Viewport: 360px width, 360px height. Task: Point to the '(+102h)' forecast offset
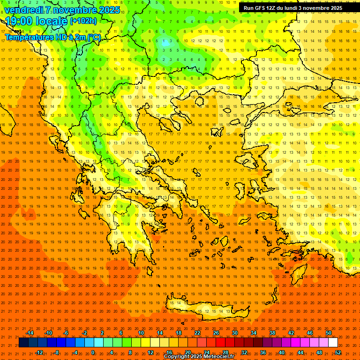[83, 21]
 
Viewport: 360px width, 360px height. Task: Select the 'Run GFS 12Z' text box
[292, 8]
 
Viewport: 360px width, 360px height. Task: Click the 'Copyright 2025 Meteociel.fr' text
[199, 357]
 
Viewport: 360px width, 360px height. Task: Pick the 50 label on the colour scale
[329, 333]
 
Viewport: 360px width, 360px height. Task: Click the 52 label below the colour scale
[338, 352]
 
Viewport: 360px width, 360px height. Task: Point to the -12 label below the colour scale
[39, 352]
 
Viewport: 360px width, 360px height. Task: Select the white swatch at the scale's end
[333, 343]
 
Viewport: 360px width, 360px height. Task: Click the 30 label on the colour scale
[235, 333]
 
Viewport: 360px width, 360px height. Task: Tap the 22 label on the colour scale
[197, 333]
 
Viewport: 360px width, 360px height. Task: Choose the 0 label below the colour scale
[93, 352]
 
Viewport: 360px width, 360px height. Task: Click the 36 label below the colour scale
[263, 352]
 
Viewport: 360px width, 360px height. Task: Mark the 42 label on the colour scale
[291, 333]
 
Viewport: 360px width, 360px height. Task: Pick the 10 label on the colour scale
[141, 333]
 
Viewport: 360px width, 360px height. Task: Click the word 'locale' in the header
[52, 22]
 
